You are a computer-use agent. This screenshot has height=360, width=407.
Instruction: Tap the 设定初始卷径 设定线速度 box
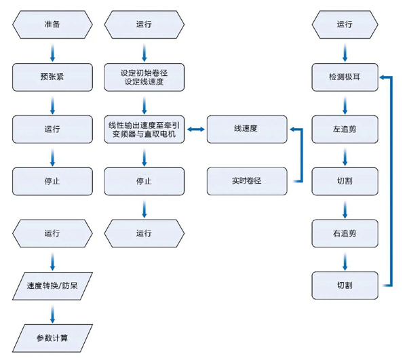tap(144, 77)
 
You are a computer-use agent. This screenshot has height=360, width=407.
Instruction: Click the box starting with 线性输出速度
tap(144, 129)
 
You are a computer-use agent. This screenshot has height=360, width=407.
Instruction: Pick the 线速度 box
tap(246, 129)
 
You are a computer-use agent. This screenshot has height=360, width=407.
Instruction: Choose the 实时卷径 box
tap(246, 181)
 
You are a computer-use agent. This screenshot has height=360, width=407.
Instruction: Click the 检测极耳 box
tap(345, 77)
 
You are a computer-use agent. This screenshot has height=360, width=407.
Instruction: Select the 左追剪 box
tap(345, 129)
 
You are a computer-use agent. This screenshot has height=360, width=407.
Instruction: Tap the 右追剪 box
tap(345, 233)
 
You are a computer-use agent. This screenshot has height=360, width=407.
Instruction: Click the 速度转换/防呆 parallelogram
tap(52, 285)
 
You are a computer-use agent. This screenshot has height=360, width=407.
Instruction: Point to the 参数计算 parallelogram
tap(52, 337)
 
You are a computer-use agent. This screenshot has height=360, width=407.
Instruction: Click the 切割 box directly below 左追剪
tap(345, 181)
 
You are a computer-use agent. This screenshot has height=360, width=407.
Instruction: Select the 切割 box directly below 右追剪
tap(345, 285)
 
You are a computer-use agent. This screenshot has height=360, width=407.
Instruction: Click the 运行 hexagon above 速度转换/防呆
tap(52, 233)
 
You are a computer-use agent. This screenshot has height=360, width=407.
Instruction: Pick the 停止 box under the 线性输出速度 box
tap(144, 181)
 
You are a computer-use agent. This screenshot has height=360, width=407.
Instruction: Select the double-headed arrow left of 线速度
tap(195, 129)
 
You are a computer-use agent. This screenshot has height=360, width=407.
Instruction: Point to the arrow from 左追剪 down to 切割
tap(345, 155)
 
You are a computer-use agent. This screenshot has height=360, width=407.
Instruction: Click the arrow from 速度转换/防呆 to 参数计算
tap(52, 311)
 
